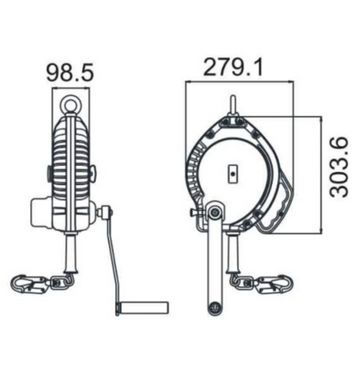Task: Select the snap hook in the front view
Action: point(276,283)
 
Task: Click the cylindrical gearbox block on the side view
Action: point(41,210)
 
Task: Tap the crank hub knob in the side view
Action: point(106,212)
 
